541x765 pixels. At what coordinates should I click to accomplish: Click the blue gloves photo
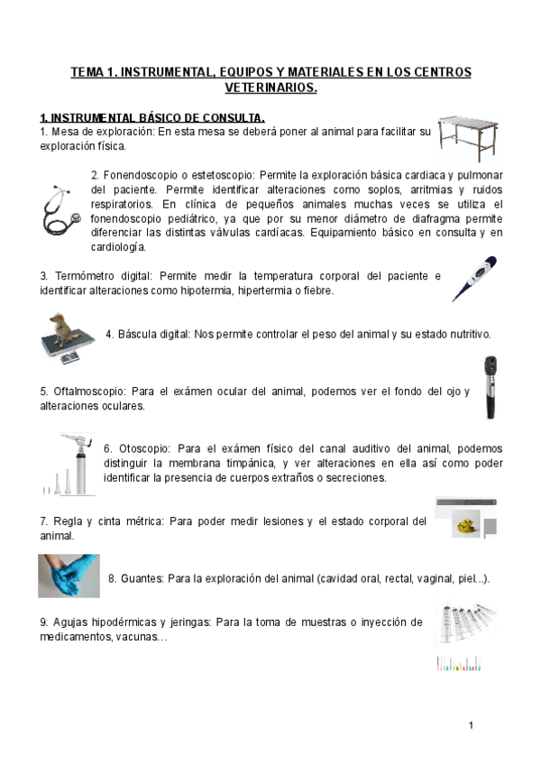(69, 576)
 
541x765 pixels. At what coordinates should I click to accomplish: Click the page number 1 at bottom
(471, 725)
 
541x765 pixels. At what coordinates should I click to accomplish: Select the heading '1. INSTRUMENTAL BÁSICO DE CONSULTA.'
(152, 118)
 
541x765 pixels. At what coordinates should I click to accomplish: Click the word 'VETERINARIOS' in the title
(270, 88)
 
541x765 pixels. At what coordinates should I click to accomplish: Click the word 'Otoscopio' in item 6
(142, 448)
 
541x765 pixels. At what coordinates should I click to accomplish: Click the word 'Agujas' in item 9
(70, 622)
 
